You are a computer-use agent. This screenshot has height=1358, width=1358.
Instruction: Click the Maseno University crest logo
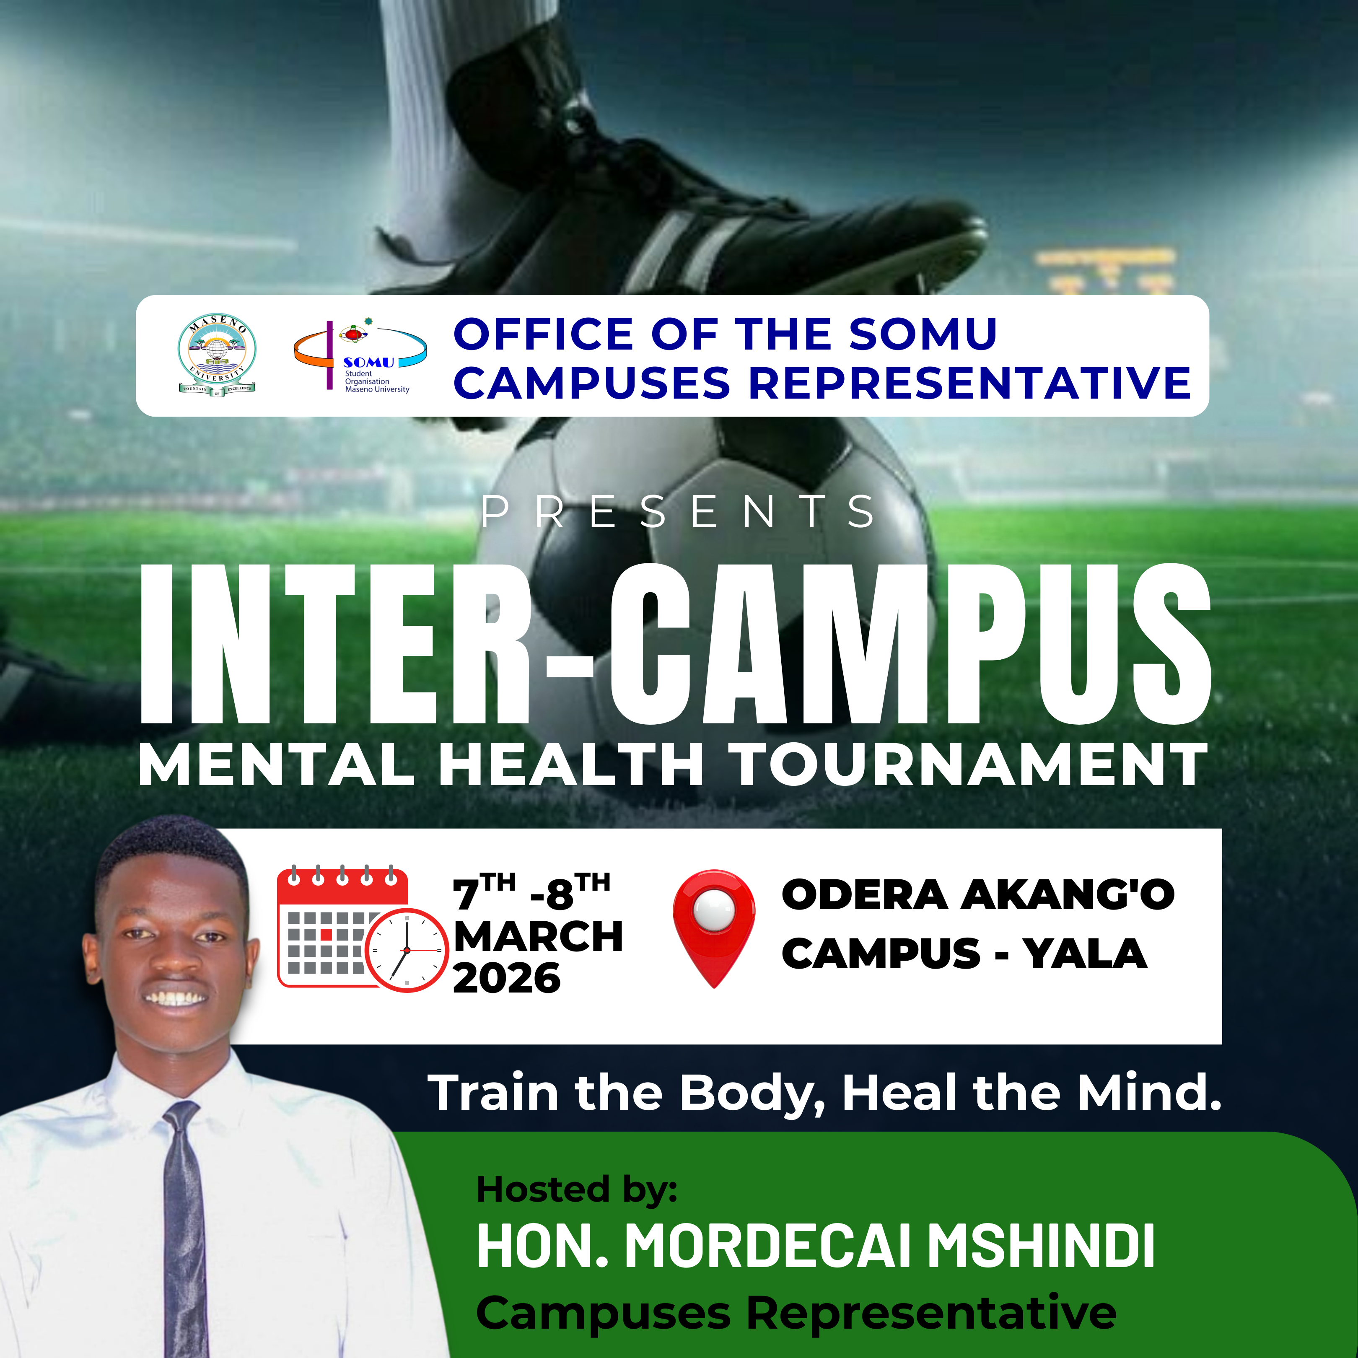tap(217, 356)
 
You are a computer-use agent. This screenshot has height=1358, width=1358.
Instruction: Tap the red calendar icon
tap(342, 926)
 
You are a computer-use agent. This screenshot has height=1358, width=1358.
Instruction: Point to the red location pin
tap(714, 928)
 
